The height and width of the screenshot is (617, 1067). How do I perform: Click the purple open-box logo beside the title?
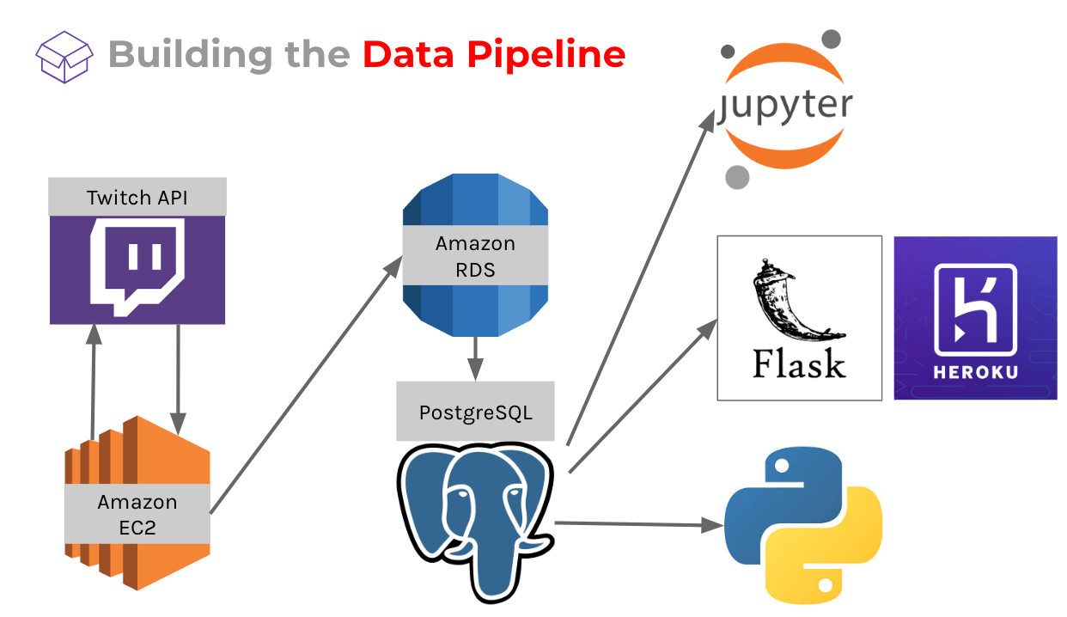(64, 58)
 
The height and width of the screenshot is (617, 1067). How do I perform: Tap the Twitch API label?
(137, 198)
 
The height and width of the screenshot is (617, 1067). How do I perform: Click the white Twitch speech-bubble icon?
(137, 266)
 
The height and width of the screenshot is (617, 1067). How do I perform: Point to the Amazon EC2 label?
(137, 515)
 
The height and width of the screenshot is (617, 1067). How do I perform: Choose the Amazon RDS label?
(475, 256)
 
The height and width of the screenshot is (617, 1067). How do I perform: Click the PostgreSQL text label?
(475, 412)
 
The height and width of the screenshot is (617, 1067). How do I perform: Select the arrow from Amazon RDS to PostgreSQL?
(475, 358)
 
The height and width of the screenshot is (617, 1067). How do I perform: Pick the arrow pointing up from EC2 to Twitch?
(94, 382)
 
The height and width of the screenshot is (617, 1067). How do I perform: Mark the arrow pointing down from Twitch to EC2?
(178, 380)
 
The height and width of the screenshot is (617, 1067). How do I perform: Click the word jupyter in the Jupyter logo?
(785, 106)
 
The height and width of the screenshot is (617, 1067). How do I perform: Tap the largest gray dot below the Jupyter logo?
(737, 177)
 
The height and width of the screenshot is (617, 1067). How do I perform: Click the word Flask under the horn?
(799, 363)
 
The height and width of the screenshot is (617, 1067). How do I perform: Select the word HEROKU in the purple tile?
(976, 372)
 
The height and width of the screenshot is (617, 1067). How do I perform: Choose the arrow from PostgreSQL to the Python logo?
(639, 524)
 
